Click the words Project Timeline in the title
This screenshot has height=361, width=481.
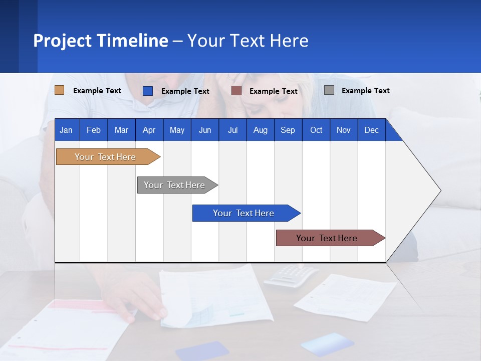tap(101, 41)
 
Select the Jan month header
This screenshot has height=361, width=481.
tap(67, 130)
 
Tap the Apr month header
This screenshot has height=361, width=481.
tap(149, 130)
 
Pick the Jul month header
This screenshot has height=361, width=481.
tap(232, 130)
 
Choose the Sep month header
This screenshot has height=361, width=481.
tap(288, 130)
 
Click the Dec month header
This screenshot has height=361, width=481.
tap(371, 130)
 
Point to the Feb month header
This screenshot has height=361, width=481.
tap(94, 130)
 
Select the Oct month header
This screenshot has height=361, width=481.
tap(316, 130)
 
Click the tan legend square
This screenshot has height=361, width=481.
tap(60, 90)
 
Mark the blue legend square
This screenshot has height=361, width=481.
tap(148, 91)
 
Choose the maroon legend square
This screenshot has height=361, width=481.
tap(236, 90)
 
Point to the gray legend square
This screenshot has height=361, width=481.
tap(329, 90)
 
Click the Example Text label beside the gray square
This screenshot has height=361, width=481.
tap(365, 91)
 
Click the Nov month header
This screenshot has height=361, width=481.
tap(344, 130)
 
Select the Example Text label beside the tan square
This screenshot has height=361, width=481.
tap(97, 91)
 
